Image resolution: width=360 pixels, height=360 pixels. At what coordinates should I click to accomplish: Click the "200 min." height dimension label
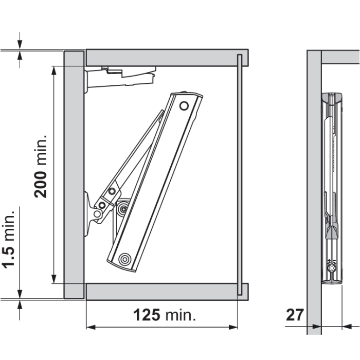click(x=41, y=166)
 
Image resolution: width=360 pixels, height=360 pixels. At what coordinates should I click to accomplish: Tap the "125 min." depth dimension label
click(x=165, y=315)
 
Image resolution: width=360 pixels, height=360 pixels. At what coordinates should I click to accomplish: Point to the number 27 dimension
click(x=295, y=315)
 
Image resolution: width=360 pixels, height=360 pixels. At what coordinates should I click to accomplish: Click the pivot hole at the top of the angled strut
click(x=184, y=106)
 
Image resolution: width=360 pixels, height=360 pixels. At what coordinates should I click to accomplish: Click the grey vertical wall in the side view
click(x=314, y=190)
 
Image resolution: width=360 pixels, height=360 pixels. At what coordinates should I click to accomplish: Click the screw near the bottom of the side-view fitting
click(x=332, y=267)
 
